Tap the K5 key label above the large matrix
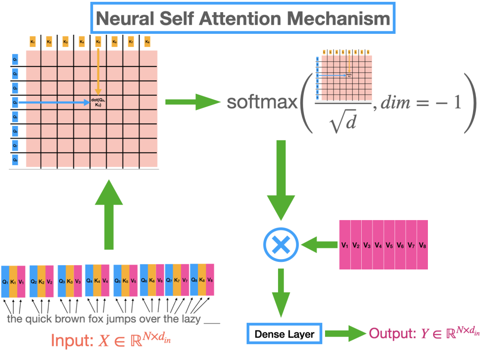[x=98, y=41]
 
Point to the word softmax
[x=262, y=102]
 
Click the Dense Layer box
[x=285, y=334]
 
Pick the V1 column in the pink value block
[x=345, y=245]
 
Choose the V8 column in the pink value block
[x=422, y=245]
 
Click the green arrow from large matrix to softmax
[x=193, y=102]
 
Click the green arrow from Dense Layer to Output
[x=345, y=334]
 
